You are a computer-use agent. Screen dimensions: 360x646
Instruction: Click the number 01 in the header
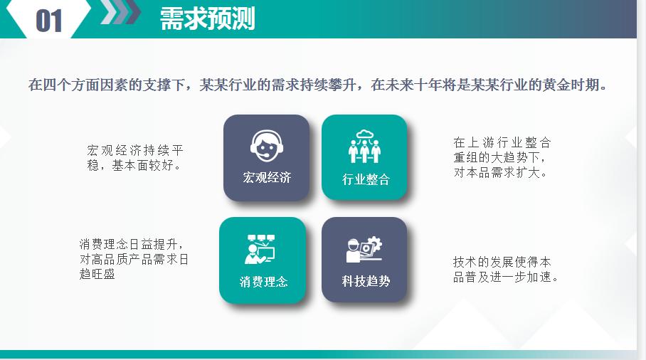[48, 21]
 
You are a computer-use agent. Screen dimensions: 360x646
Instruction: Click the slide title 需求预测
[207, 19]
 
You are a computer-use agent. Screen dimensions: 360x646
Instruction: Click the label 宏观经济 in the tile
[267, 177]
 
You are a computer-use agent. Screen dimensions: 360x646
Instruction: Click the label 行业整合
[366, 179]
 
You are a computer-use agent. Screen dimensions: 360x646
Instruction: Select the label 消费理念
[263, 282]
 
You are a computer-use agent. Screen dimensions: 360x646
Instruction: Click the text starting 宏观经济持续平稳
[135, 158]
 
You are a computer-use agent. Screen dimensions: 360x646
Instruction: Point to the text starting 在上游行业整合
[502, 157]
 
